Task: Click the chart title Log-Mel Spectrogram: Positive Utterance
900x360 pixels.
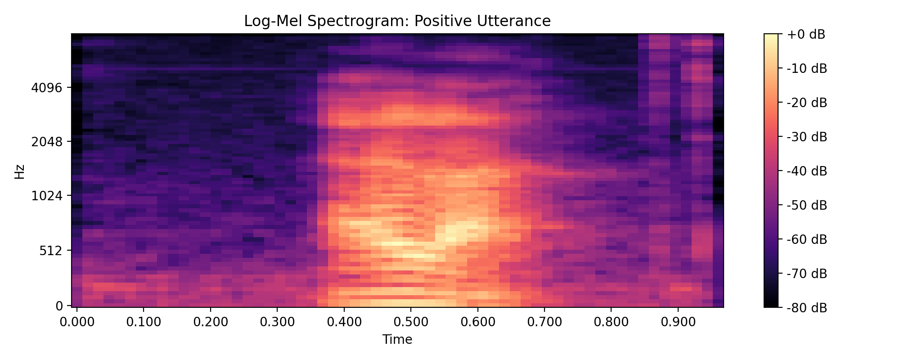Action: (397, 21)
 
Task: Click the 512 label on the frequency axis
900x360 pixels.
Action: (49, 251)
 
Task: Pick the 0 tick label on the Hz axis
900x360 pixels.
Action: (59, 306)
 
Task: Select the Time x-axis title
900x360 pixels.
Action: (397, 340)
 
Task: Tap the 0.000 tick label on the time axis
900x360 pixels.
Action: (77, 322)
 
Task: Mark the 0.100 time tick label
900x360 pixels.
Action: (144, 322)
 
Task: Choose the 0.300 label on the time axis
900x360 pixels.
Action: (277, 322)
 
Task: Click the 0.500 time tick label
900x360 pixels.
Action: (410, 322)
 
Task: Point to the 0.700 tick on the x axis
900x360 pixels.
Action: (544, 322)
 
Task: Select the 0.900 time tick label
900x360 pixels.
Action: (677, 322)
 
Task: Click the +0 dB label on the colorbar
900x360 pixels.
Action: (806, 35)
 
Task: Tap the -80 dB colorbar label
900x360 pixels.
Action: (806, 308)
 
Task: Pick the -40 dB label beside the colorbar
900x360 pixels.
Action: (806, 171)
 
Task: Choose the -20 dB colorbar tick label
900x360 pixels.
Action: (806, 103)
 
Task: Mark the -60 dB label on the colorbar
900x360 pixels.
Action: (806, 239)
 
